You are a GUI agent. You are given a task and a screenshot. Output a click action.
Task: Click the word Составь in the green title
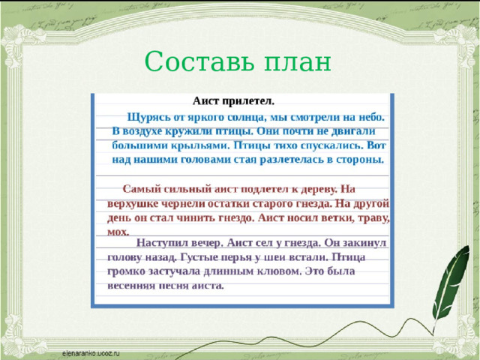[x=199, y=61]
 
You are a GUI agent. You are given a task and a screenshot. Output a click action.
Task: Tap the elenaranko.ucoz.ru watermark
[x=91, y=353]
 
